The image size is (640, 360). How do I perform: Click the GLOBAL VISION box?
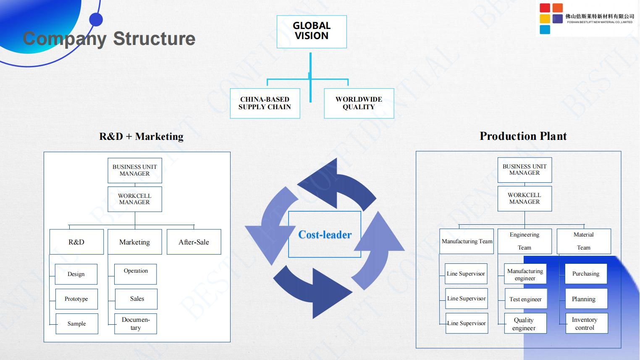tap(312, 32)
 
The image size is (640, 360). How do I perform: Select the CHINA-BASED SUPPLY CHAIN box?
tap(265, 103)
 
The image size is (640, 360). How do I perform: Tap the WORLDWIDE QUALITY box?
tap(359, 103)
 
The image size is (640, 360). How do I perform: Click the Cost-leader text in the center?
tap(325, 234)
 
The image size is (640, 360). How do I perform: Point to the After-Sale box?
tap(194, 242)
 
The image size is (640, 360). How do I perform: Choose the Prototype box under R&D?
tap(76, 299)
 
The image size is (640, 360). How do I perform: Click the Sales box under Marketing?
tap(136, 299)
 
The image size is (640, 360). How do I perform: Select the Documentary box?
tap(136, 324)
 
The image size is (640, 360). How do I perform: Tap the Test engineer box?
tap(526, 299)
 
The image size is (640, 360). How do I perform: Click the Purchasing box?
tap(586, 274)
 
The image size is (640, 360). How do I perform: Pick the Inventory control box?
tap(587, 323)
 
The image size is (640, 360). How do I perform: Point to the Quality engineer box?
tap(525, 323)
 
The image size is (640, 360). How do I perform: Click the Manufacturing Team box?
tap(467, 241)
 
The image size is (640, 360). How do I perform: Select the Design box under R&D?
tap(76, 274)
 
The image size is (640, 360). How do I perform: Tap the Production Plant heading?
tap(523, 136)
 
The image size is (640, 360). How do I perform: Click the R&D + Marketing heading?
tap(141, 136)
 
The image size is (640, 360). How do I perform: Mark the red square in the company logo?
tap(545, 8)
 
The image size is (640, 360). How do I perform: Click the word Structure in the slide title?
tap(154, 39)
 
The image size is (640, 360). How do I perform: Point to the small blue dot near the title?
tap(96, 19)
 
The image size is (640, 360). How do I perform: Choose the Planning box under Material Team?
tap(586, 299)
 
